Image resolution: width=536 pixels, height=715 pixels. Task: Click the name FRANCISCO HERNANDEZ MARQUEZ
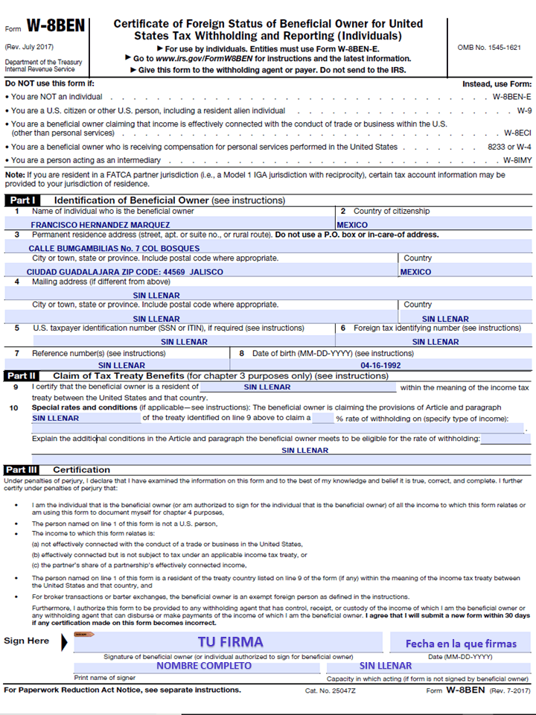pos(100,225)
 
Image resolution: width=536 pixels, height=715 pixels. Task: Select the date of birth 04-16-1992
pos(380,366)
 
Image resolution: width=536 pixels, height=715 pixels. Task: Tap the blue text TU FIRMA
pos(230,641)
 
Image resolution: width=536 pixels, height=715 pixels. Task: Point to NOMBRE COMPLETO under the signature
pos(204,666)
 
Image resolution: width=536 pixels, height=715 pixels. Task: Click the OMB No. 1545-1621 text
pos(488,48)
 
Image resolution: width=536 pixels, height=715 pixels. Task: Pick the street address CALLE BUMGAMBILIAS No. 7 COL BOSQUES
pos(114,249)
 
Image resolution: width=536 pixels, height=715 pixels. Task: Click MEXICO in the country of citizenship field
pos(352,225)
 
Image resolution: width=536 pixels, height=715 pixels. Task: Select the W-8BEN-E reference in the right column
pos(511,97)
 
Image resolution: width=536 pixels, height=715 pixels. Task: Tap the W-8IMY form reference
pos(517,160)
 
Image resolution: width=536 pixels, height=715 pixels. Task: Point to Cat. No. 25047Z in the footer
pos(331,691)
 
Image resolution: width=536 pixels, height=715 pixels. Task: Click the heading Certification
pos(81,470)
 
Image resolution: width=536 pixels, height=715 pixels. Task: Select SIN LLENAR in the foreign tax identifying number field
pos(435,342)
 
